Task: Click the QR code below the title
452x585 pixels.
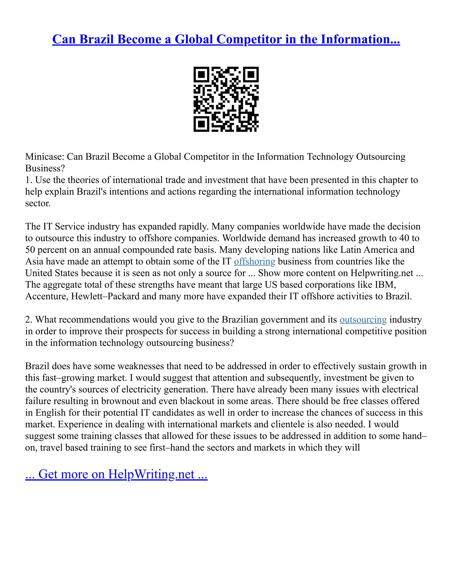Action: [x=226, y=99]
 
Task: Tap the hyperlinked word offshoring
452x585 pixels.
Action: [x=254, y=261]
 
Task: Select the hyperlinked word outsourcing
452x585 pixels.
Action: [x=363, y=320]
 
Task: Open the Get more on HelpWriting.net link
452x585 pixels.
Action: [x=116, y=474]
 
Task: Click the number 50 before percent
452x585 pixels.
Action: [x=30, y=250]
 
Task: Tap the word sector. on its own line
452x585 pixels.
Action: [x=38, y=203]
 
